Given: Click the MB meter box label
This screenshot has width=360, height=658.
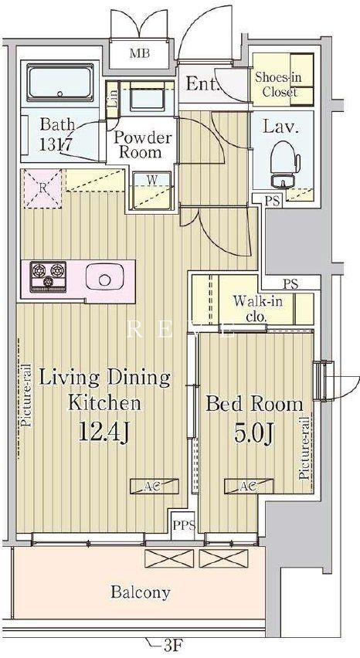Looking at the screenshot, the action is click(x=139, y=54).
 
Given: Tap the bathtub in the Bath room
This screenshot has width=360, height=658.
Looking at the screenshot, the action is click(x=60, y=83).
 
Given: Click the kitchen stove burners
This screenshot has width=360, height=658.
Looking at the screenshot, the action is click(x=48, y=276).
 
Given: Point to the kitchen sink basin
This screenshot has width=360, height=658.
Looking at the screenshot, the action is click(x=104, y=277).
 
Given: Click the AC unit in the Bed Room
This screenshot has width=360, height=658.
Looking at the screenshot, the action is click(x=249, y=487).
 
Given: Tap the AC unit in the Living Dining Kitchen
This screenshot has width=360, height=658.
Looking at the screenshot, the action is click(x=154, y=487).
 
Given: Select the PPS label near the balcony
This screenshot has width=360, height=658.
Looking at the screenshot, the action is click(x=184, y=525).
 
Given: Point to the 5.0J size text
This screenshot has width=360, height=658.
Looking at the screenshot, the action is click(x=254, y=433).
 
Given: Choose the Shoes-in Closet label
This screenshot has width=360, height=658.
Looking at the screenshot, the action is click(x=279, y=84).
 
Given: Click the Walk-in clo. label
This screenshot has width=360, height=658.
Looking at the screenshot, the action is click(x=257, y=308).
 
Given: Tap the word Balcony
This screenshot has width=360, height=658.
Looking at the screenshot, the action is click(x=141, y=592).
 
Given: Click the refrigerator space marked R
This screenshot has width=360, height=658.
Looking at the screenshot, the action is click(x=42, y=188).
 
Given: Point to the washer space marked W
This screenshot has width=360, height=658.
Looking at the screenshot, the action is click(x=152, y=190).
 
